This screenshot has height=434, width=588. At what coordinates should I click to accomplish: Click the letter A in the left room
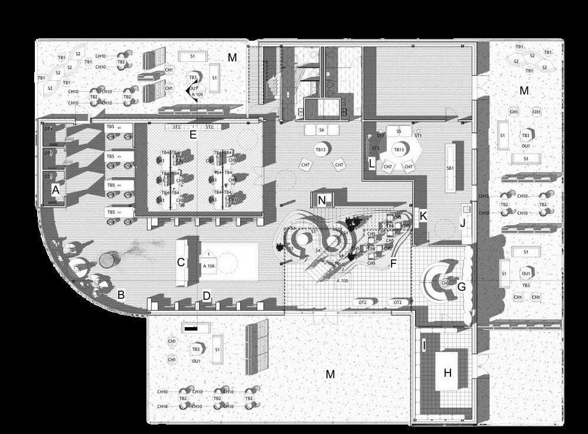point(56,190)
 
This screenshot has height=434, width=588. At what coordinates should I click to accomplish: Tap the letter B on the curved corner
point(120,294)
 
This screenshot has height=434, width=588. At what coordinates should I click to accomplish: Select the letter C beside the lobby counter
point(181,262)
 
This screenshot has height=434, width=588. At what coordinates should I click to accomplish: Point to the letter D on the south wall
point(207,296)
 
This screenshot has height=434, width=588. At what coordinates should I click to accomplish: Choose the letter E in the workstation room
point(192,135)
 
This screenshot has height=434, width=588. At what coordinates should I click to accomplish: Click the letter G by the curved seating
point(462,287)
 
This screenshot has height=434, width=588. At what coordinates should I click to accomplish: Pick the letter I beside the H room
point(424,344)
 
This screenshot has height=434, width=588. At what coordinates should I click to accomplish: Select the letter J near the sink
point(462,223)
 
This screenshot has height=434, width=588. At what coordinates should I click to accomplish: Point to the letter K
point(423,216)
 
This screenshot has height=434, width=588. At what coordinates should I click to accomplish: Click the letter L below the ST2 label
point(371,162)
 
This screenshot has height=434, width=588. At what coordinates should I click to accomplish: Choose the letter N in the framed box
point(322,200)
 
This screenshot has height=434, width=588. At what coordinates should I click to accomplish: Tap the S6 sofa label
point(321,129)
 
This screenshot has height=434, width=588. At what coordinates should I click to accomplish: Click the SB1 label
point(450,168)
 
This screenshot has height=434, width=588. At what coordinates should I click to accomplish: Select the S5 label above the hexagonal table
point(398,131)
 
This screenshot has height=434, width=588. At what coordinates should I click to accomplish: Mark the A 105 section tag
point(197,94)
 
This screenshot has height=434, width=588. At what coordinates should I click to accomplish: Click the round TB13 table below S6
point(321,150)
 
